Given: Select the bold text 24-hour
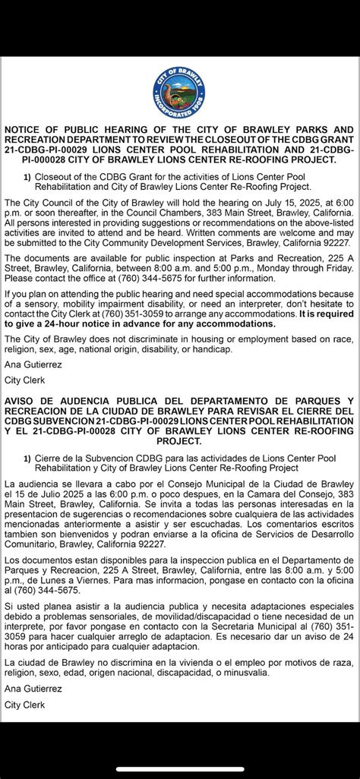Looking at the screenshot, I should point(70,323).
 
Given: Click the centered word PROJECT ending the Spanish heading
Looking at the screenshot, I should point(180,440).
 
